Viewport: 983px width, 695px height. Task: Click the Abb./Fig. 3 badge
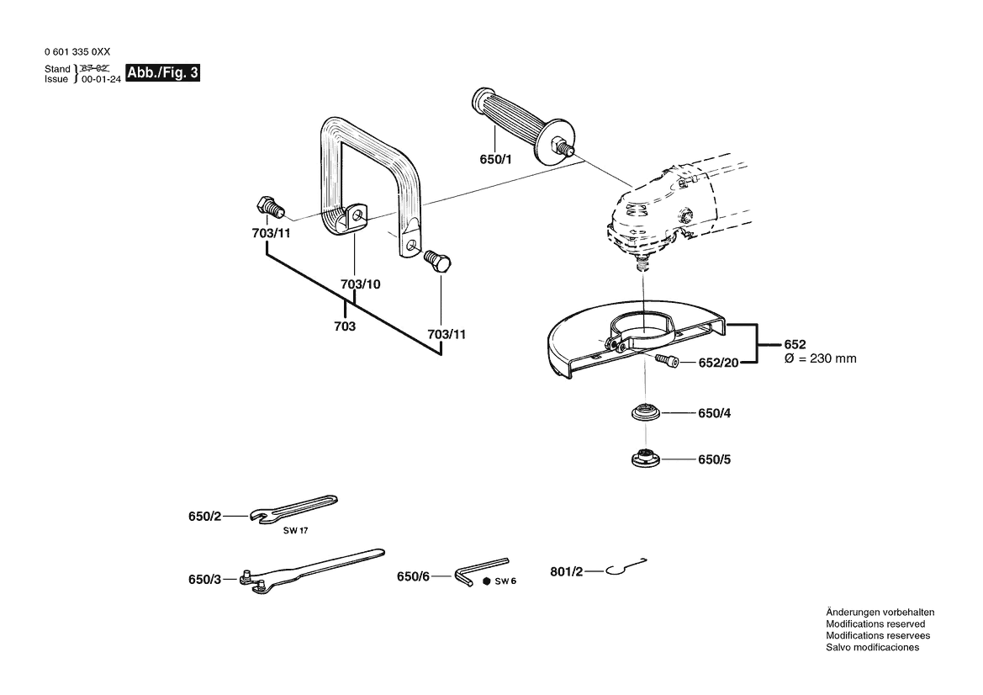[163, 73]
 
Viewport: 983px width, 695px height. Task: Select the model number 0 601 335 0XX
[77, 52]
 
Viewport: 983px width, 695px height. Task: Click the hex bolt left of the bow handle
[268, 206]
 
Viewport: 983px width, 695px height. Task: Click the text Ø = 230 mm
[820, 358]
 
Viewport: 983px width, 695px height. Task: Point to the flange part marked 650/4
[646, 414]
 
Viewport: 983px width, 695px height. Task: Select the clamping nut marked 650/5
[646, 459]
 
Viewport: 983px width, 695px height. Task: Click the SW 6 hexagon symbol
[487, 581]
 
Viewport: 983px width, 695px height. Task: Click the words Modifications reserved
[875, 624]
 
